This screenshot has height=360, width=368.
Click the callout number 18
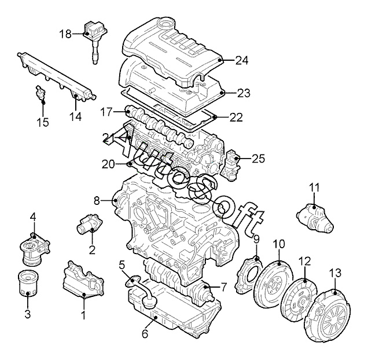(x=65, y=34)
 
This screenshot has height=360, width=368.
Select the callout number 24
(x=242, y=61)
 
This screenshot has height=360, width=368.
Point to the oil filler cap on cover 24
(x=166, y=24)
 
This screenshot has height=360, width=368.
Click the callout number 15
(x=43, y=122)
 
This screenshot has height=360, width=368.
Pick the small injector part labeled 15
(x=40, y=95)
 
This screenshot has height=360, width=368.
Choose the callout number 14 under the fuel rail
(x=76, y=116)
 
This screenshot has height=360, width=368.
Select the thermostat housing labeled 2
(x=89, y=223)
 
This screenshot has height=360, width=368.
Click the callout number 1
(x=83, y=315)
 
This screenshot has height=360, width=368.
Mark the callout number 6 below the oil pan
(x=145, y=333)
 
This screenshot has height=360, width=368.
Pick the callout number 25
(x=259, y=159)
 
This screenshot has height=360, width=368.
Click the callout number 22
(x=236, y=117)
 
